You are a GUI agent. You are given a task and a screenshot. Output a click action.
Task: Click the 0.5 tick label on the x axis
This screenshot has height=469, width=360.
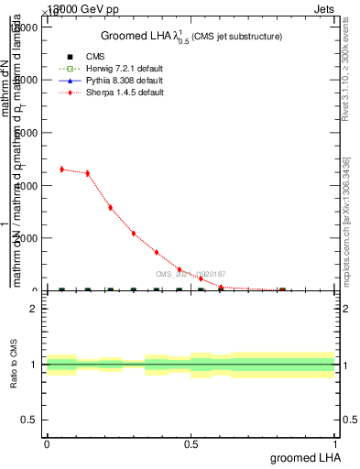(x=191, y=443)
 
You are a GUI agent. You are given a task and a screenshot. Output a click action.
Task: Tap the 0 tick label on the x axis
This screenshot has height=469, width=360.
(x=47, y=443)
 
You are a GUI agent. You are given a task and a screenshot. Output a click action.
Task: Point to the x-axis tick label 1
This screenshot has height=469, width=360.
(x=334, y=443)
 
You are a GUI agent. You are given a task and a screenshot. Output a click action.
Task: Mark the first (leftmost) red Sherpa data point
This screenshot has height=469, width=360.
(x=61, y=169)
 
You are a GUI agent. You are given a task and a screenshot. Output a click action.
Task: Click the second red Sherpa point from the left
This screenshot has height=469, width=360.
(x=87, y=173)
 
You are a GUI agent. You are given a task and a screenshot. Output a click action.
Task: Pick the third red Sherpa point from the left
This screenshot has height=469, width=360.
(x=110, y=208)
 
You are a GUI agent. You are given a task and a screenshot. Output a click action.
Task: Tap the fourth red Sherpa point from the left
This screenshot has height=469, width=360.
(x=133, y=234)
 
